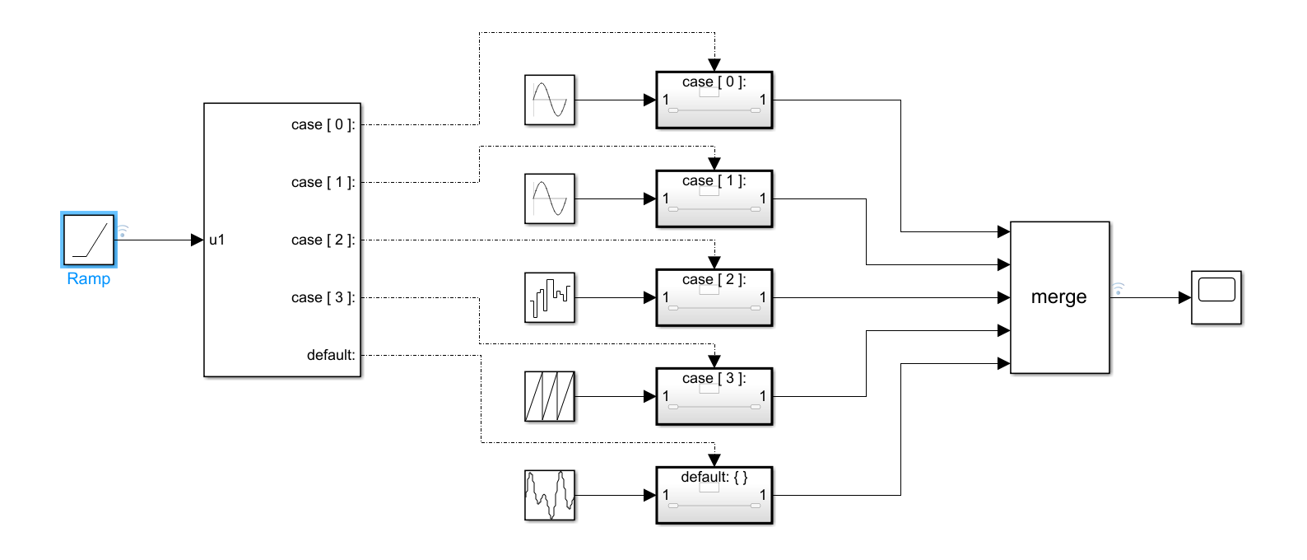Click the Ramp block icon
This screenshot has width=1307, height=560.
tap(89, 240)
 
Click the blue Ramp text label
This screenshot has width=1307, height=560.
tap(89, 279)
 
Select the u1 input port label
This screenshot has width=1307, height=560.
tap(216, 240)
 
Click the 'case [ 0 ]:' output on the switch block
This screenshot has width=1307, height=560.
tap(323, 124)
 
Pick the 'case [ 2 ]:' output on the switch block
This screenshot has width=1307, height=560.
tap(323, 240)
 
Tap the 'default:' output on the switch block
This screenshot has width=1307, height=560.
tap(331, 355)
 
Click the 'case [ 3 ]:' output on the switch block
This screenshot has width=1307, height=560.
tap(323, 297)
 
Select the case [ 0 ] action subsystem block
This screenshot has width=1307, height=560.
tap(714, 100)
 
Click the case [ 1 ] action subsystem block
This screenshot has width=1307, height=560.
tap(714, 199)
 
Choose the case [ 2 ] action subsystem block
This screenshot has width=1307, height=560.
tap(714, 298)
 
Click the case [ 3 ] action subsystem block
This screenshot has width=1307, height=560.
tap(714, 397)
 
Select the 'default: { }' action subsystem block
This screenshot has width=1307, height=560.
tap(714, 496)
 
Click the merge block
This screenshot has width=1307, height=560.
tap(1059, 297)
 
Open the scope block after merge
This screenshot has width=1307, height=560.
tap(1216, 297)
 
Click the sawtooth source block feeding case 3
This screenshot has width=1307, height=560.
tap(550, 396)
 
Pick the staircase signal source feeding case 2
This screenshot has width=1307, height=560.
tap(550, 297)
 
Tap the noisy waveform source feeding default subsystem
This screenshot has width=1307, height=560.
tap(550, 495)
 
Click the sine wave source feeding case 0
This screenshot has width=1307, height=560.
tap(550, 100)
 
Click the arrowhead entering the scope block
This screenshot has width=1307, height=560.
tap(1185, 297)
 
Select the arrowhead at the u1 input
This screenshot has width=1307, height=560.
tap(197, 240)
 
